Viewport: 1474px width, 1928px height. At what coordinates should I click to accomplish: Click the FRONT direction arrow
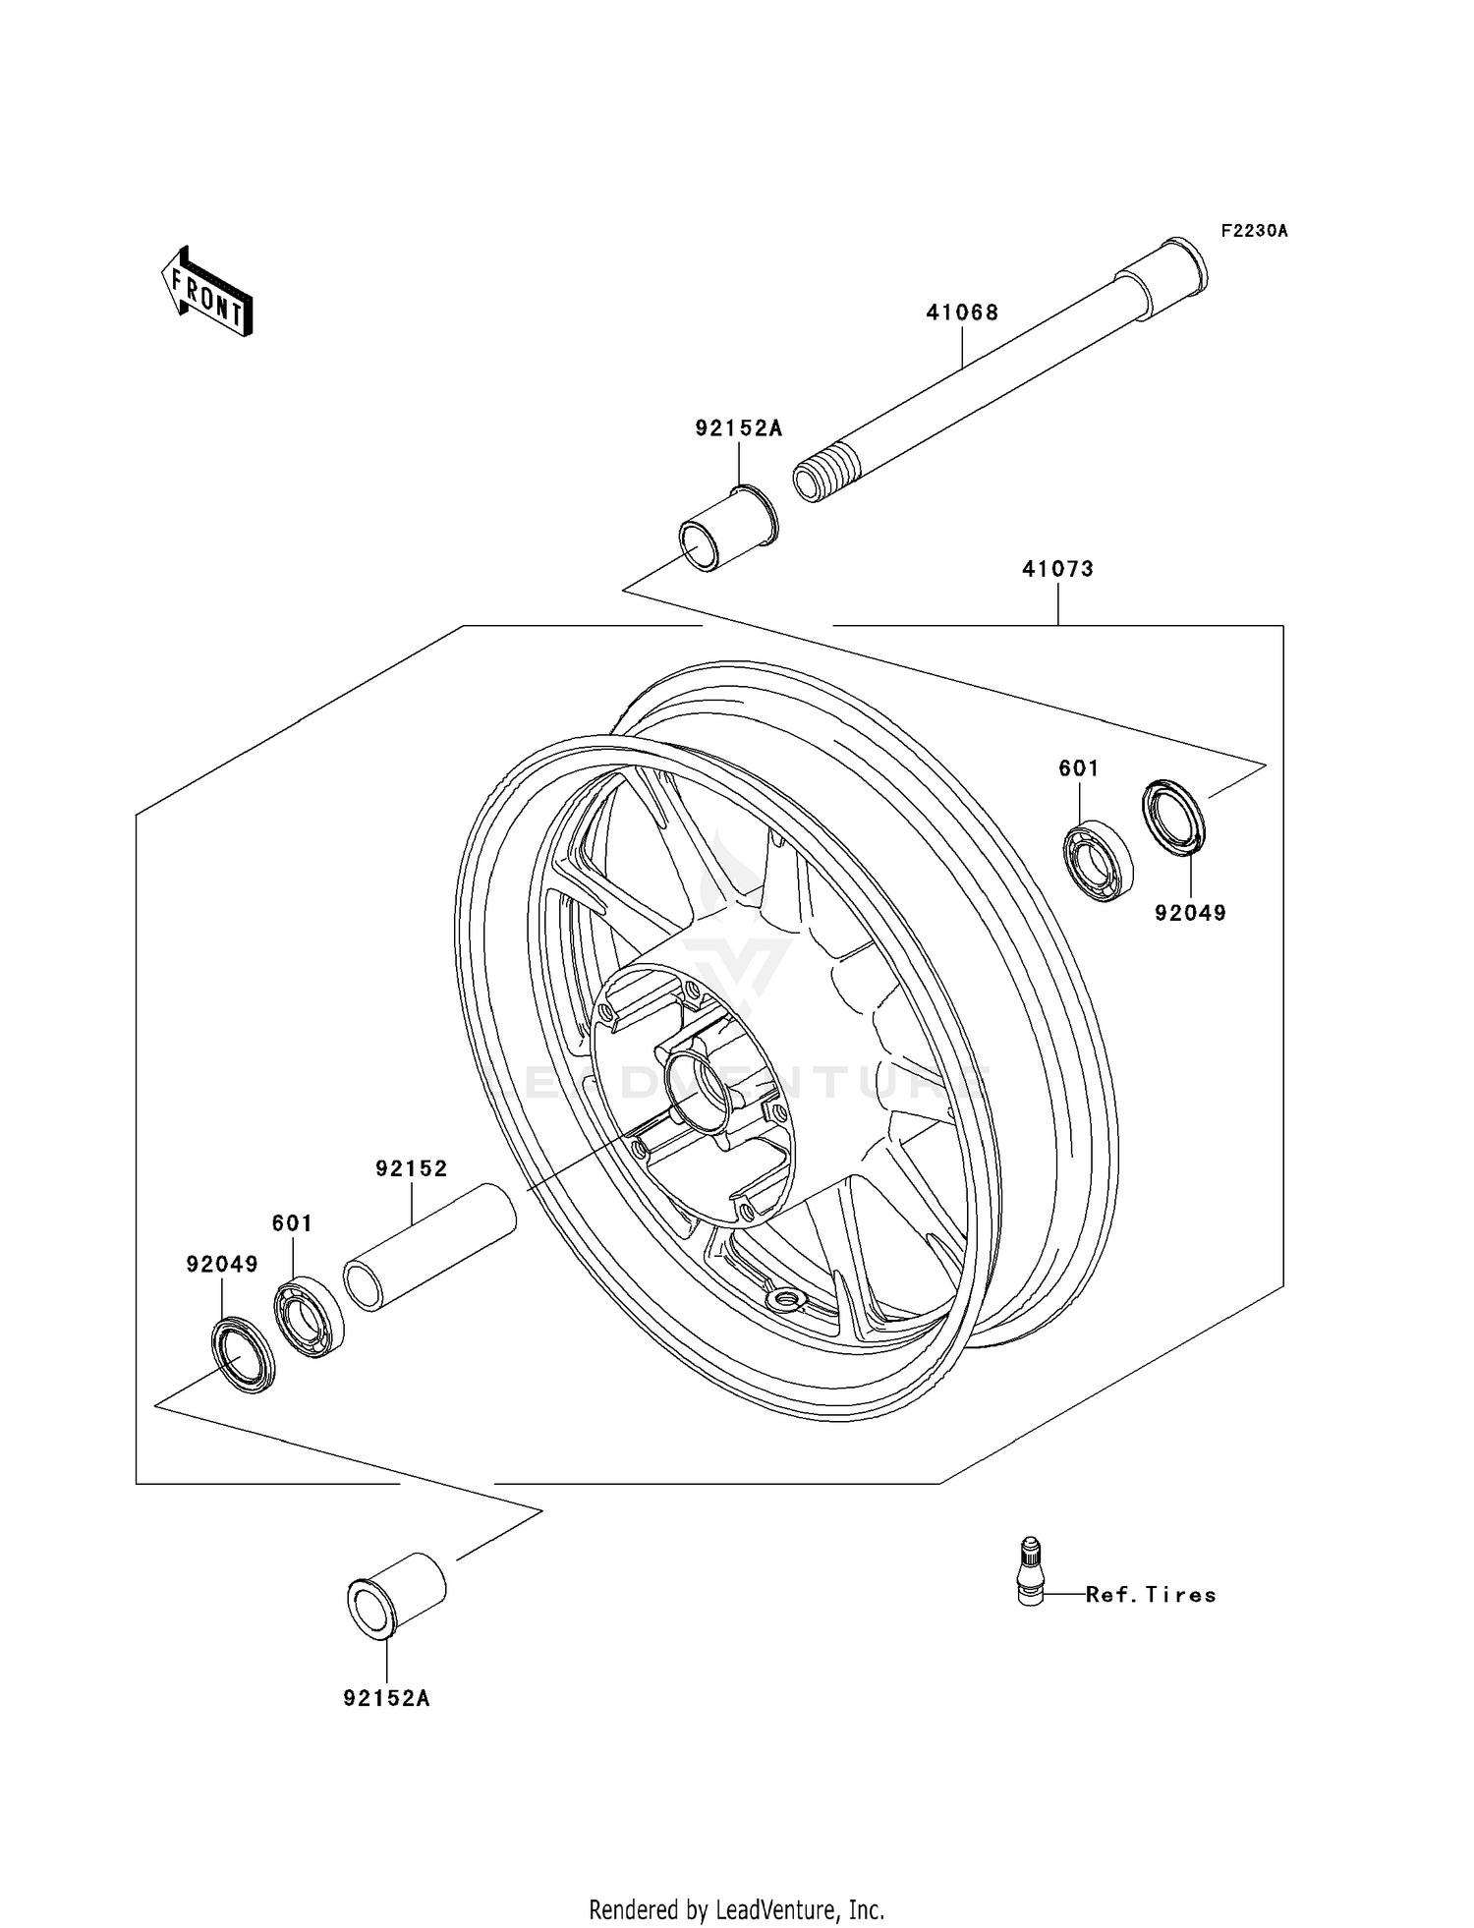(207, 293)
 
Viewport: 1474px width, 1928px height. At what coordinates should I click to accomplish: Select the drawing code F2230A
(1254, 231)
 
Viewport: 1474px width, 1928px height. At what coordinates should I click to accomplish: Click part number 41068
(962, 312)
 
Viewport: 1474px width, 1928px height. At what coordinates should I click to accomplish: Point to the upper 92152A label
(739, 428)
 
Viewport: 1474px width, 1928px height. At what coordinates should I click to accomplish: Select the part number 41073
(1057, 569)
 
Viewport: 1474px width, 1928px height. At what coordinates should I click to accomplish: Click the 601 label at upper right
(1078, 768)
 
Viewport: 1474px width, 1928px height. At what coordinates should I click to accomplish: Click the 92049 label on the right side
(1190, 913)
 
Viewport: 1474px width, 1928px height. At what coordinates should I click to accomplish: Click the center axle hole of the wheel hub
(701, 1087)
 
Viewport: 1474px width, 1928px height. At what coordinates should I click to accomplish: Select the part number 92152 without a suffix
(411, 1168)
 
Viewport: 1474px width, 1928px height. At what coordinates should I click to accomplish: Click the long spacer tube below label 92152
(430, 1248)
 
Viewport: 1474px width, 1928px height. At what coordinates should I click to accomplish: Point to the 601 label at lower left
(292, 1223)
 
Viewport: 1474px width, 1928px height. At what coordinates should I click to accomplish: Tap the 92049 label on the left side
(222, 1265)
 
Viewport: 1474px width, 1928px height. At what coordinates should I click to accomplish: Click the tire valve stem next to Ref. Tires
(1029, 1569)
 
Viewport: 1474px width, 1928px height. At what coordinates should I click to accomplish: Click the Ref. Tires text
(1151, 1595)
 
